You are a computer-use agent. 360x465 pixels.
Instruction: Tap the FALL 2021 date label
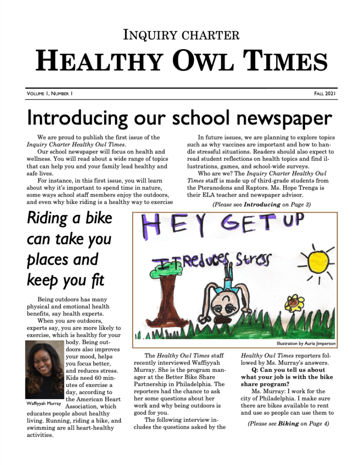pyautogui.click(x=325, y=94)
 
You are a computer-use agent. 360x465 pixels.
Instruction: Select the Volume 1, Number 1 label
pyautogui.click(x=50, y=94)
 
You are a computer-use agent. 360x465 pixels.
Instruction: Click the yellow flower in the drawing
pyautogui.click(x=296, y=302)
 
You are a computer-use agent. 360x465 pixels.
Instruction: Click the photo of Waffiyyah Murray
pyautogui.click(x=44, y=370)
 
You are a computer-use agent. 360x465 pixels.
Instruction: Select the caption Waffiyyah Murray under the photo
pyautogui.click(x=43, y=403)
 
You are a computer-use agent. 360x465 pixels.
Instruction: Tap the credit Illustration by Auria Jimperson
pyautogui.click(x=306, y=344)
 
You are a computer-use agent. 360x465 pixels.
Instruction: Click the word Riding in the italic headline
pyautogui.click(x=47, y=218)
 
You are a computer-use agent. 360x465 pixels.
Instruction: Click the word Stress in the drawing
pyautogui.click(x=253, y=260)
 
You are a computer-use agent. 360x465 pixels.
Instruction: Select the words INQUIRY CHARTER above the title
pyautogui.click(x=181, y=35)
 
